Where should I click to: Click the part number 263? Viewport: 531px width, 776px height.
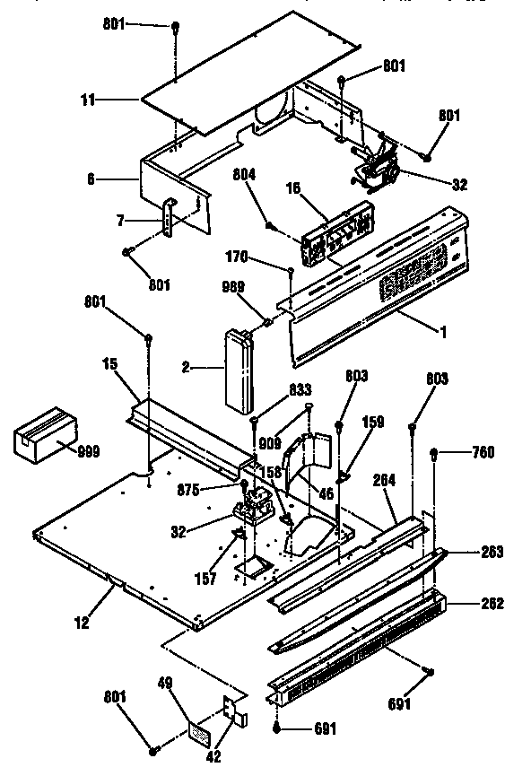pos(492,551)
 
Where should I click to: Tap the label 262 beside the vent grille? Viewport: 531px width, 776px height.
pos(492,603)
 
